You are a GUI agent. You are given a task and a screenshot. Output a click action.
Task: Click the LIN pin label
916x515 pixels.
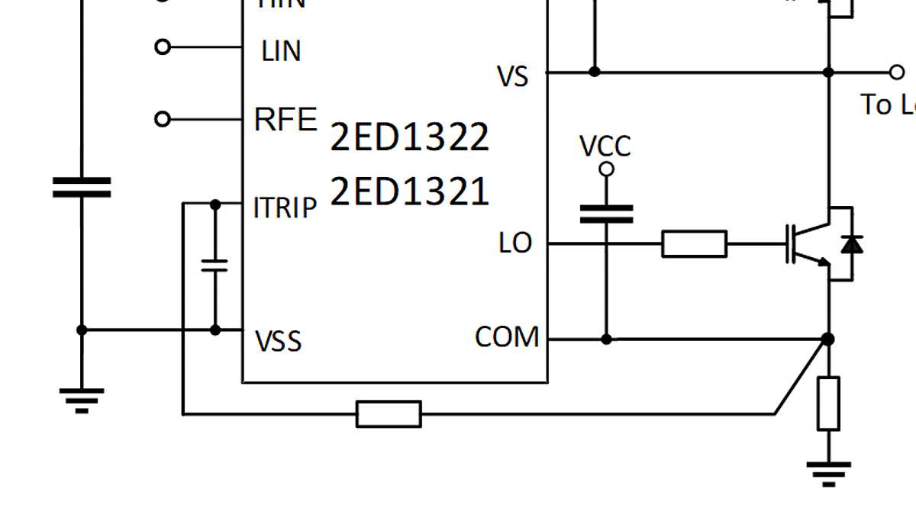(281, 51)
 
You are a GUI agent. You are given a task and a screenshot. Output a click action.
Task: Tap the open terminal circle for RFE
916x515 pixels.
(162, 120)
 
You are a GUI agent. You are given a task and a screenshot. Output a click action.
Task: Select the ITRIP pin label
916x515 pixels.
(285, 208)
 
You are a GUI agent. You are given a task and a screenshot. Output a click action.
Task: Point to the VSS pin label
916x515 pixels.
(279, 341)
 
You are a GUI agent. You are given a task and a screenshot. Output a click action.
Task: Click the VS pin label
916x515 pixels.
(513, 76)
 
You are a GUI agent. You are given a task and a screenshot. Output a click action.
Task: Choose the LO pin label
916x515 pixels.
(515, 243)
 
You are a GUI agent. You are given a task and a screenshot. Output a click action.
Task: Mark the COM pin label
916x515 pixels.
(507, 336)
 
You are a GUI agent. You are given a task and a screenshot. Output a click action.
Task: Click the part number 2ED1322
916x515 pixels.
(409, 137)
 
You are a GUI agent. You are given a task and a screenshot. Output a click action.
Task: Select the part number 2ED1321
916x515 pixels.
(409, 192)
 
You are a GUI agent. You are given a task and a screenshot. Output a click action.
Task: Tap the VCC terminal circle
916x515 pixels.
(606, 169)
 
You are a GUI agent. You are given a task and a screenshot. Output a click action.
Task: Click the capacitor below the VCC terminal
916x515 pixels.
(606, 214)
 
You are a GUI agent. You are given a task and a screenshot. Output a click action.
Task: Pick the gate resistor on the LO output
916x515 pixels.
(694, 243)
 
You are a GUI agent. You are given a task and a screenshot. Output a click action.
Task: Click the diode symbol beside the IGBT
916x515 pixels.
(851, 244)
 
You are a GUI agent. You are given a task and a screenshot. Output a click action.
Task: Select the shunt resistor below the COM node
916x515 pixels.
(828, 403)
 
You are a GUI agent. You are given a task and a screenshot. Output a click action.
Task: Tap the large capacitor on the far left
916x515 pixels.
(82, 188)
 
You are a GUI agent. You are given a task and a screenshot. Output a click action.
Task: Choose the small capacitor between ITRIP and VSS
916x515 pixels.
(215, 266)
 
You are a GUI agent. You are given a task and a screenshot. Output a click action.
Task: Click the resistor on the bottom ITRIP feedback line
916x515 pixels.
(389, 414)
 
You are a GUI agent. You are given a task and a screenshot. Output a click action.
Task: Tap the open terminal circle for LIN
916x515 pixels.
(162, 47)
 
